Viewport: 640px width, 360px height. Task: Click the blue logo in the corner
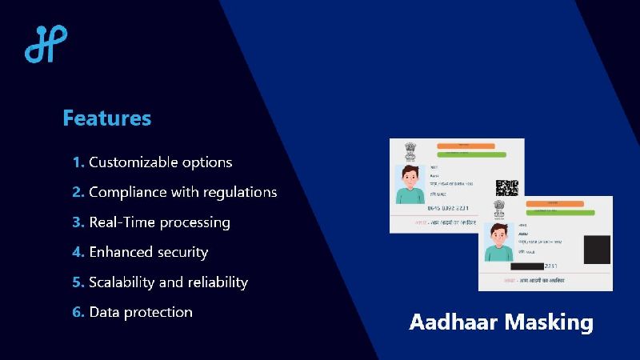[46, 44]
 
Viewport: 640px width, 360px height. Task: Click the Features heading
[106, 118]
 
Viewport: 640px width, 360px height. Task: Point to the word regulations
[240, 193]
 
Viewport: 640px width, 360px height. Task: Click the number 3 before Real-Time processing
[78, 222]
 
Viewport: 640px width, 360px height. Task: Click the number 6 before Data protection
[78, 312]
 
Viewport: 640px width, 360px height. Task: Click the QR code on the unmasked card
[506, 188]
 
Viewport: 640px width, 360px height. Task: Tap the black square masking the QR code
[597, 249]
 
